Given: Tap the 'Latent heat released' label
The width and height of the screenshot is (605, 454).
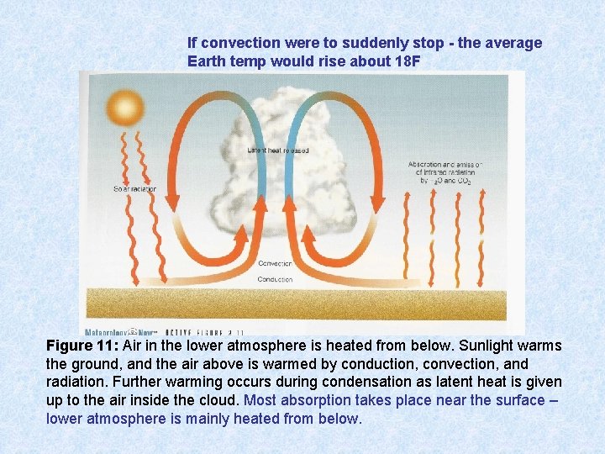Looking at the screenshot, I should pos(277,150).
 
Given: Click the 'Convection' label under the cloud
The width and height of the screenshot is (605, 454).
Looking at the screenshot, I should pos(275,263).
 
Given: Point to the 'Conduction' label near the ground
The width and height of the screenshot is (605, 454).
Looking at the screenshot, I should pos(275,279).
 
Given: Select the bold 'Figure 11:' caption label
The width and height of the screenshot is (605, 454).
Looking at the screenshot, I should pos(82,346).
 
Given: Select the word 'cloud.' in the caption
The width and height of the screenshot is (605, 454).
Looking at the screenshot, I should pos(216,399).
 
